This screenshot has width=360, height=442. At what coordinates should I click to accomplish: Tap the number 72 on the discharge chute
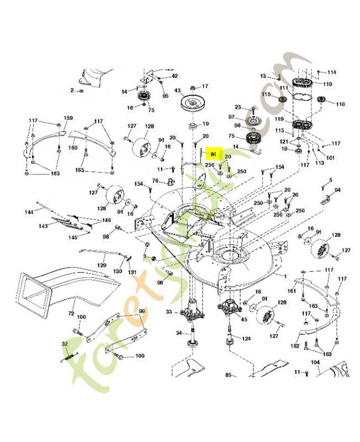pyautogui.click(x=71, y=313)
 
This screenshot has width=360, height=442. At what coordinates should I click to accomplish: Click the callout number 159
pyautogui.click(x=68, y=118)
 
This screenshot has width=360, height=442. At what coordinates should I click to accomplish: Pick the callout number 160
pyautogui.click(x=73, y=148)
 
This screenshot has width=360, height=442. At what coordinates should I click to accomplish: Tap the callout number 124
pyautogui.click(x=246, y=339)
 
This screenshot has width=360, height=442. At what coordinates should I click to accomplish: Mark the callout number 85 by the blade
pyautogui.click(x=228, y=376)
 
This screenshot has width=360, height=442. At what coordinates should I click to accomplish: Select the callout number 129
pyautogui.click(x=102, y=266)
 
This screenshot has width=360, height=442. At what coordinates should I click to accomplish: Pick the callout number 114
pyautogui.click(x=331, y=72)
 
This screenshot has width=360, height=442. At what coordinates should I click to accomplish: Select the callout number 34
pyautogui.click(x=179, y=333)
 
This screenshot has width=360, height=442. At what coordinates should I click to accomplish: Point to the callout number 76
pyautogui.click(x=156, y=181)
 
